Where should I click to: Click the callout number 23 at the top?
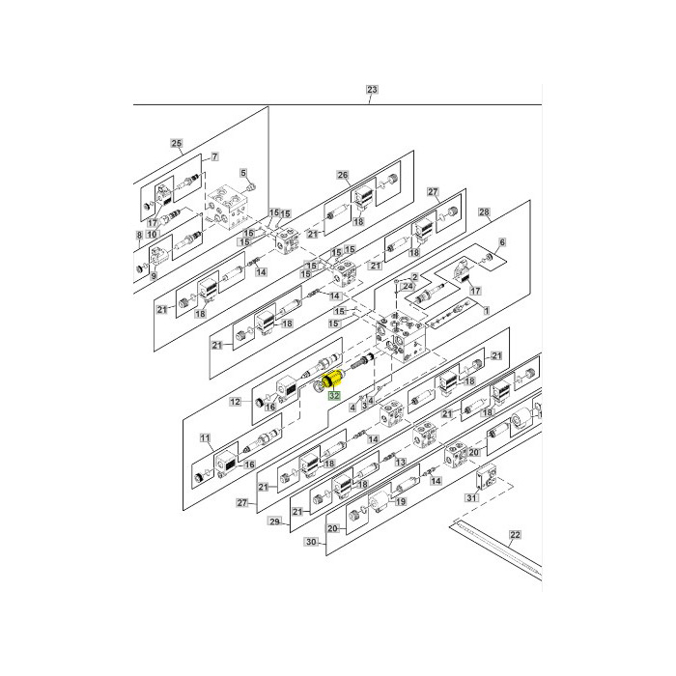pyautogui.click(x=373, y=90)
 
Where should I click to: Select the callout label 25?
pyautogui.click(x=177, y=144)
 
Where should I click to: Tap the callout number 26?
pyautogui.click(x=342, y=175)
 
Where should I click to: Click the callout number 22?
pyautogui.click(x=515, y=534)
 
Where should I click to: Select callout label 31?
pyautogui.click(x=471, y=497)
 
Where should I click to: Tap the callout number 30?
pyautogui.click(x=311, y=542)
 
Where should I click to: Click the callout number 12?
pyautogui.click(x=235, y=401)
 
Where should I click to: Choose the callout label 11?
pyautogui.click(x=205, y=437)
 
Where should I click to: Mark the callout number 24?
pyautogui.click(x=408, y=288)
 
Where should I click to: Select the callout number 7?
pyautogui.click(x=213, y=157)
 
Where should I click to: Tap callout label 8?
pyautogui.click(x=140, y=235)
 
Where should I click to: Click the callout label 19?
pyautogui.click(x=401, y=502)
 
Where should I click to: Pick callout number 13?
pyautogui.click(x=398, y=463)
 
